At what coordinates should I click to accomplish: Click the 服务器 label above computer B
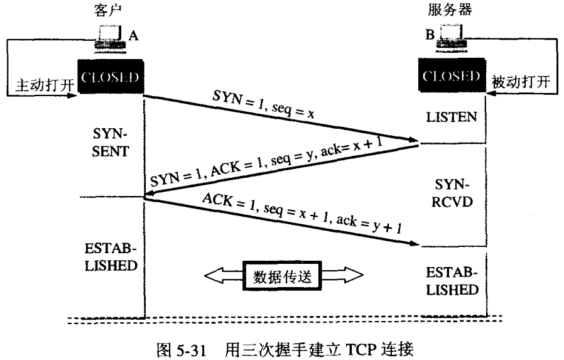pos(450,11)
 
